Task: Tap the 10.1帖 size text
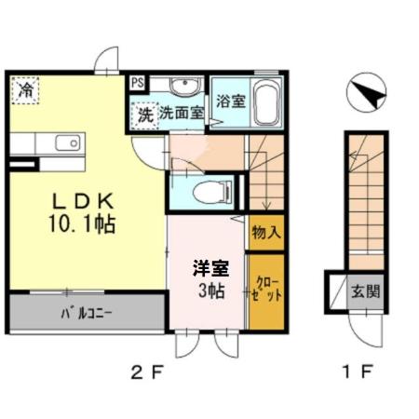(x=84, y=224)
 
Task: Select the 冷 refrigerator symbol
(x=26, y=90)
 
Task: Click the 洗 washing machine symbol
(x=144, y=115)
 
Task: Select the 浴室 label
(x=231, y=100)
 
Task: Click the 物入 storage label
(x=265, y=232)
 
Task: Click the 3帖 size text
(x=209, y=291)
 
